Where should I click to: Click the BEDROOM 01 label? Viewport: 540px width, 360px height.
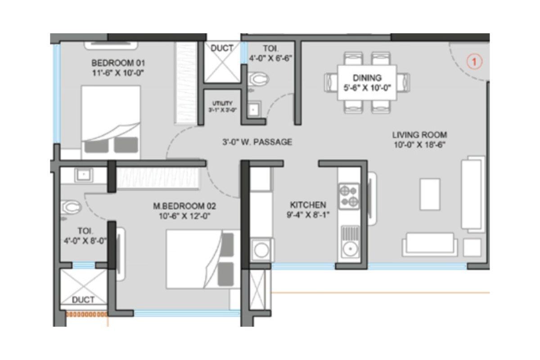point(118,63)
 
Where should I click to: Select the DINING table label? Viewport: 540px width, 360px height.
point(367,78)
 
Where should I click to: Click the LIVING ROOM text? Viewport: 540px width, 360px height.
point(419,135)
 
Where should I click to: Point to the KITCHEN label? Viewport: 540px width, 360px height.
point(308,205)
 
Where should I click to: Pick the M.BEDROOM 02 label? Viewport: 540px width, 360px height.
point(184,207)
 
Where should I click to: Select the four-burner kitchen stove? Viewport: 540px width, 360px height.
point(349,196)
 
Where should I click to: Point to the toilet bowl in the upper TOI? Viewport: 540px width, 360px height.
point(258,79)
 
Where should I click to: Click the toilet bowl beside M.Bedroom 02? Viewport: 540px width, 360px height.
point(71,207)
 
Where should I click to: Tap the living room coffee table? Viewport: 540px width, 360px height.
point(430,194)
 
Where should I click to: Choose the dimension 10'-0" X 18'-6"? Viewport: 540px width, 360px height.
point(419,145)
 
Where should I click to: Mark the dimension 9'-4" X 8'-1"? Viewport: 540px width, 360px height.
point(308,215)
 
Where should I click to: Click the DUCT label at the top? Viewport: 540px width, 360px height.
point(222,48)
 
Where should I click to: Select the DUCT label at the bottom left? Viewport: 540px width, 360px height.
point(83,300)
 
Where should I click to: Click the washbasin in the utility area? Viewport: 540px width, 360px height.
point(253,109)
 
